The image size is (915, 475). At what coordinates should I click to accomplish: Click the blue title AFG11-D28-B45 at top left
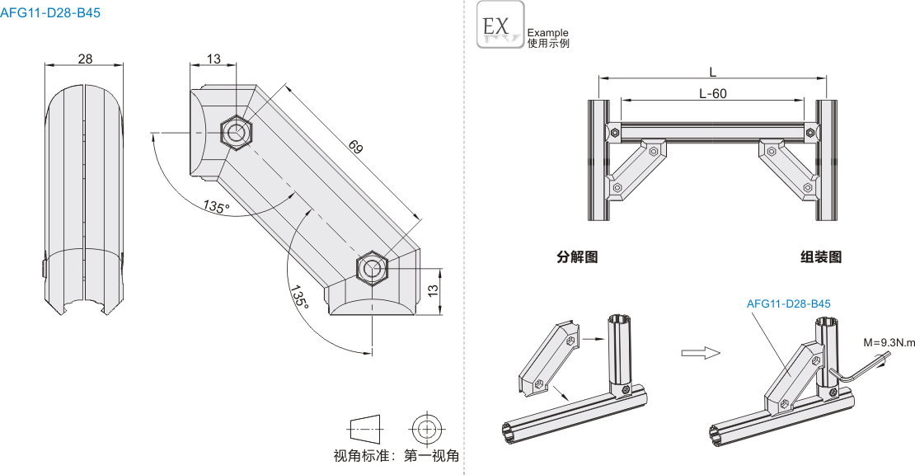coord(51,12)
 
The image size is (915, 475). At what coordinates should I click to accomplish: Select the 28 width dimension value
coord(85,59)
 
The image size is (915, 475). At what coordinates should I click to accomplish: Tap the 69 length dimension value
coord(355,148)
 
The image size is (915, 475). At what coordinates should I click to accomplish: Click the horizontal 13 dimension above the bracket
coord(213,59)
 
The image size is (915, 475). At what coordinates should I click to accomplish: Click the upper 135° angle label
coord(216,207)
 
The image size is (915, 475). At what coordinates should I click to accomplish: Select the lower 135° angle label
coord(298,298)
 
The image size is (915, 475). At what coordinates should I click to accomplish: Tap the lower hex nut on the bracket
coord(373,269)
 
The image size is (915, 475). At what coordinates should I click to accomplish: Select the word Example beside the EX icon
coord(547,33)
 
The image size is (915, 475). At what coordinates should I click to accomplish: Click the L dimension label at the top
coord(712,71)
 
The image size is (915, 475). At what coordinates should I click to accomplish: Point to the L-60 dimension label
coord(712,93)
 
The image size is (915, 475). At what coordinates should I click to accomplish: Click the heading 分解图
coord(577,256)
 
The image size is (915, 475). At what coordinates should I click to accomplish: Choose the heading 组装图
coord(821,256)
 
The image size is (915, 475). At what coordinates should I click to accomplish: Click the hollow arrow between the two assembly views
coord(701,353)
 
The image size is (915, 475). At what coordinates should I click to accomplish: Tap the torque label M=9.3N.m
coord(889,341)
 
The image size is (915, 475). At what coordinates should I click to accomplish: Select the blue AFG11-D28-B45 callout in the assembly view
coord(788,304)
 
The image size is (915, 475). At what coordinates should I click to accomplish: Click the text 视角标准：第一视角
coord(396,455)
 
